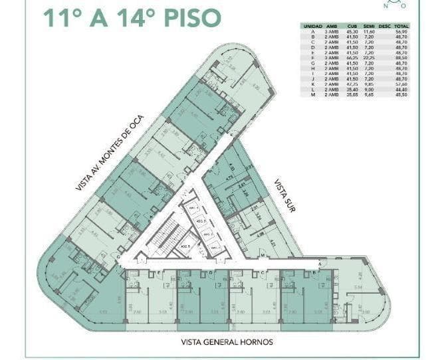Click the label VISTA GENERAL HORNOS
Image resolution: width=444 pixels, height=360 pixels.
click(226, 343)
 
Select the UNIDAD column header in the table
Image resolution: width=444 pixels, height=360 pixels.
click(312, 25)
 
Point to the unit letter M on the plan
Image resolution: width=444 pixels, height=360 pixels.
click(263, 255)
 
